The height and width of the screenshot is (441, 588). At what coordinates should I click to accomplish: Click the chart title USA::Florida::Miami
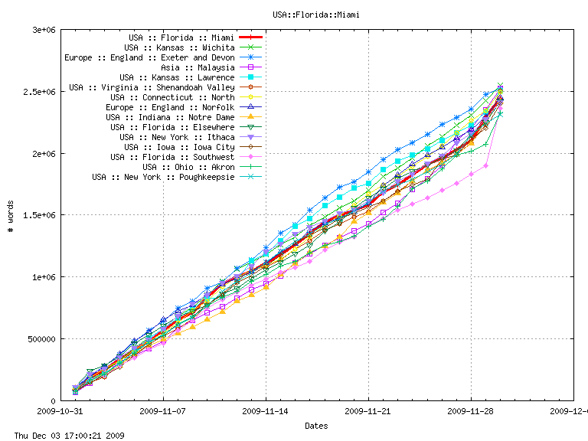click(x=315, y=14)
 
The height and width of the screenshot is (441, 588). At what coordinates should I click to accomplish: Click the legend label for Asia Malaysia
click(x=193, y=67)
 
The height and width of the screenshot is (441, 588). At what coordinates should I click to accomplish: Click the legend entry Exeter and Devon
click(x=149, y=57)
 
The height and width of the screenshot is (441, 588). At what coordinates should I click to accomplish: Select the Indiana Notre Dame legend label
click(x=170, y=117)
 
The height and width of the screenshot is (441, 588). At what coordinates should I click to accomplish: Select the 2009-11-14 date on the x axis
click(x=266, y=411)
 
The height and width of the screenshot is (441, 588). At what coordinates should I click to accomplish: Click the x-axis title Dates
click(x=316, y=425)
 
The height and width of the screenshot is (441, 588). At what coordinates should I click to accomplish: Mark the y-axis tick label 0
click(x=54, y=401)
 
